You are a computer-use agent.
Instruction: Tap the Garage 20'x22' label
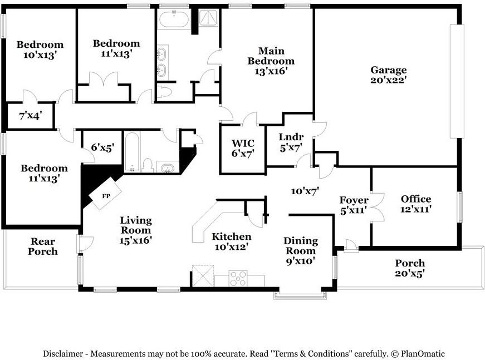click(x=389, y=75)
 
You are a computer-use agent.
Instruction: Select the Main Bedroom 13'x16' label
click(x=271, y=61)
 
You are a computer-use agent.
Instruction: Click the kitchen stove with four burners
click(x=238, y=278)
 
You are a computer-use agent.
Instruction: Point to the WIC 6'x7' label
click(x=243, y=149)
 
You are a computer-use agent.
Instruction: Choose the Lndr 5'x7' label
click(x=291, y=142)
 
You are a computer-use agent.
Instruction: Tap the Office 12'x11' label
click(x=416, y=204)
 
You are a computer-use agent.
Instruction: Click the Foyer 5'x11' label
click(x=354, y=205)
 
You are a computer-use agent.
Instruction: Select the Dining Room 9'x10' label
click(x=301, y=250)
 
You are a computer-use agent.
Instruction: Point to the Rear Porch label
click(x=43, y=246)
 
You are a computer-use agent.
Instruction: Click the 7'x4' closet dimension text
click(x=31, y=116)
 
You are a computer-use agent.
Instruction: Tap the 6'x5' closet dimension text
click(x=103, y=147)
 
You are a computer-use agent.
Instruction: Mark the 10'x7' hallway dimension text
click(x=305, y=191)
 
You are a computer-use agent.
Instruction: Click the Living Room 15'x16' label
click(x=136, y=230)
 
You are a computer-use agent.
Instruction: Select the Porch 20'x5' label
click(x=410, y=268)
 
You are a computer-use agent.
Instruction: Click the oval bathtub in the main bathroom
click(x=174, y=19)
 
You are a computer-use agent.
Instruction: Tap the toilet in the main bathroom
click(x=164, y=91)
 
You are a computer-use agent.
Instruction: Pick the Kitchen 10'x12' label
click(x=232, y=241)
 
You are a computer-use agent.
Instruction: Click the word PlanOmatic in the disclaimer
click(x=423, y=353)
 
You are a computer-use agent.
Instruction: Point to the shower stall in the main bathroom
click(x=208, y=17)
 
